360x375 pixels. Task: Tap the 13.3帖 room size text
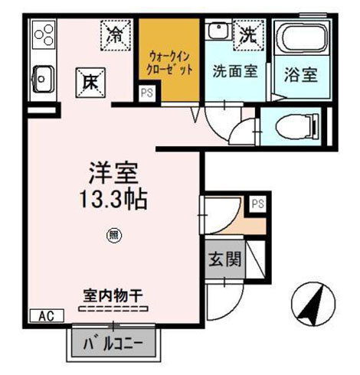(113, 200)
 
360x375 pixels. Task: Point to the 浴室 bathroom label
(301, 75)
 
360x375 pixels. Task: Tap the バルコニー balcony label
(119, 341)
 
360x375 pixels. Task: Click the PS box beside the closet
(146, 93)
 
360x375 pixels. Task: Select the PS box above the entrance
(257, 204)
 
